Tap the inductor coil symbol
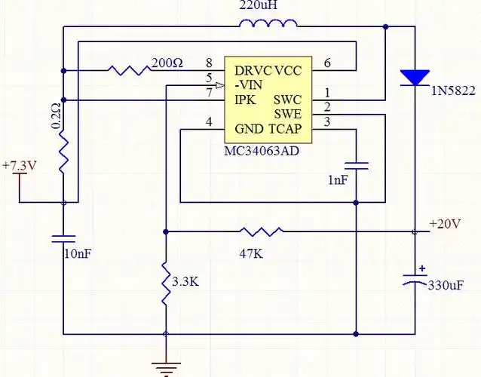tap(268, 25)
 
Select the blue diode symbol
tap(415, 77)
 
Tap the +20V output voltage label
tap(444, 224)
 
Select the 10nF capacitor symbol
tap(63, 238)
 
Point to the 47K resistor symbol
tap(262, 231)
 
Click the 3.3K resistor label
tap(185, 282)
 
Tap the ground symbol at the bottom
tap(166, 367)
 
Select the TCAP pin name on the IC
tap(285, 129)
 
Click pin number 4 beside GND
tap(209, 123)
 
